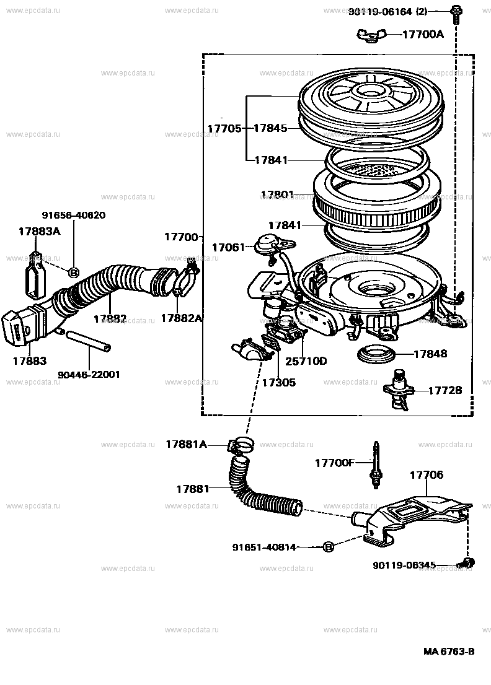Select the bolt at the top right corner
pyautogui.click(x=456, y=11)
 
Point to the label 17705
pyautogui.click(x=224, y=128)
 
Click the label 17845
pyautogui.click(x=270, y=128)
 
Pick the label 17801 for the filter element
pyautogui.click(x=278, y=194)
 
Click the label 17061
pyautogui.click(x=229, y=247)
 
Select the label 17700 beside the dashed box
pyautogui.click(x=180, y=237)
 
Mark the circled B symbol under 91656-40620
pyautogui.click(x=73, y=272)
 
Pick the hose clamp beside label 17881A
pyautogui.click(x=241, y=445)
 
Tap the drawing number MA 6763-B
pyautogui.click(x=449, y=652)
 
